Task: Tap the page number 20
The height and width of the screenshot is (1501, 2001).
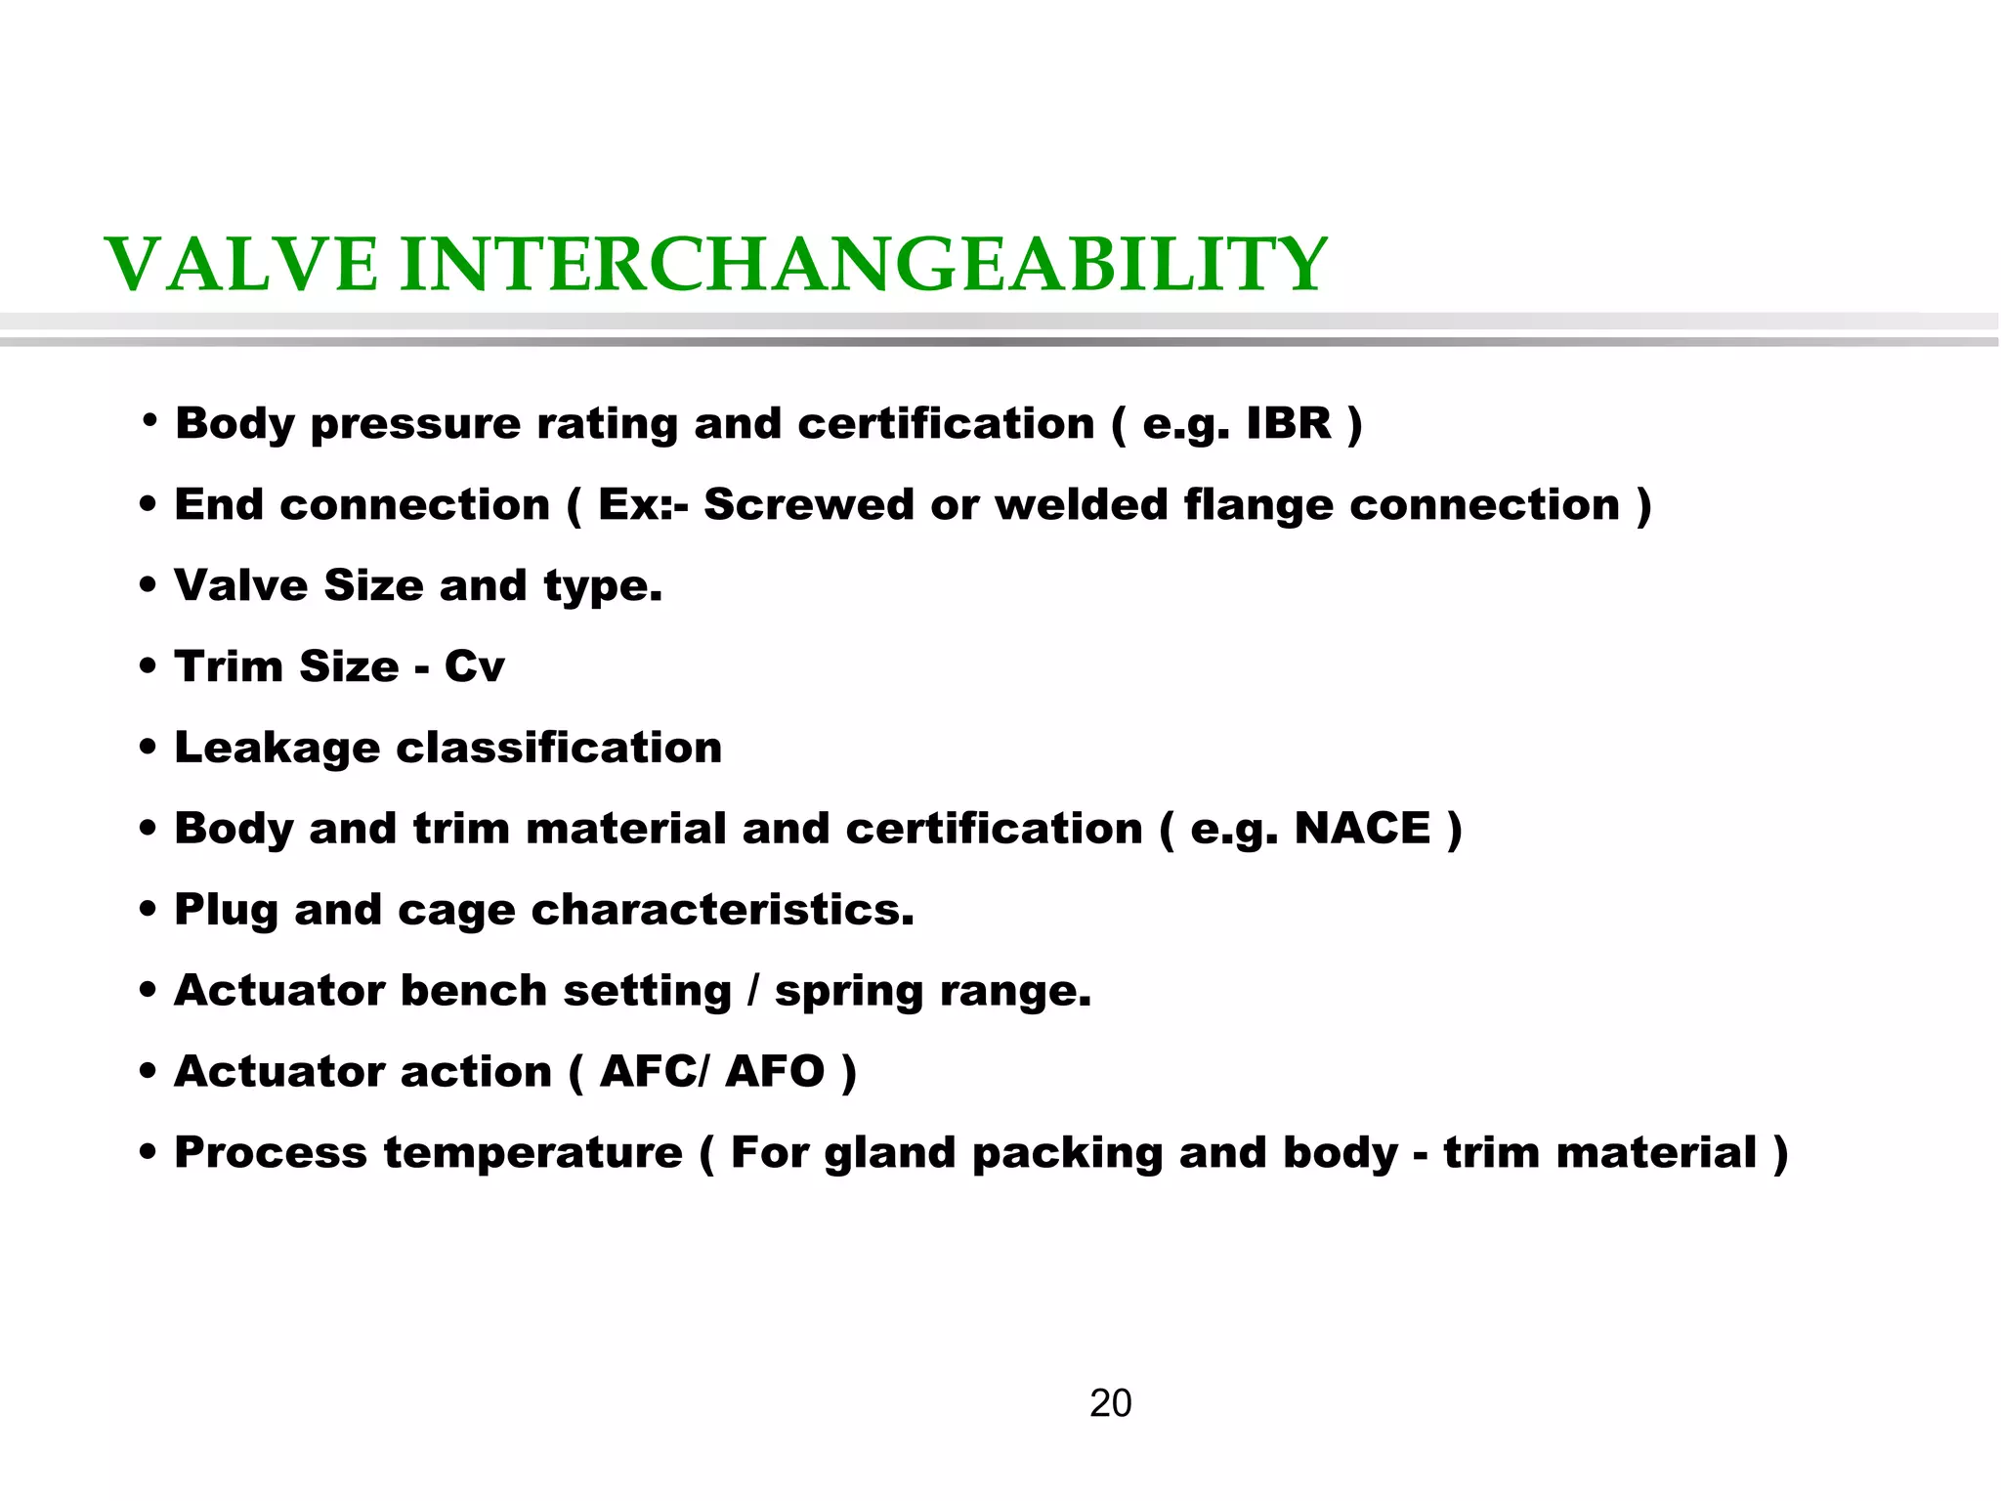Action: pyautogui.click(x=1110, y=1403)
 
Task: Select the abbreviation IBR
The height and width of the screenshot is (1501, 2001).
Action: pyautogui.click(x=1289, y=424)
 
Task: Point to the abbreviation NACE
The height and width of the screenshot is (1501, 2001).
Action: pyautogui.click(x=1362, y=829)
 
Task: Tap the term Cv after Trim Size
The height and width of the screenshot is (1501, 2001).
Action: pyautogui.click(x=474, y=667)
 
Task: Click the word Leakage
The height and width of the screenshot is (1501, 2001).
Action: pyautogui.click(x=277, y=749)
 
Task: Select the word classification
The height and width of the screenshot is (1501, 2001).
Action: pyautogui.click(x=559, y=749)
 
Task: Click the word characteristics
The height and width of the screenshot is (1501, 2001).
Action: pyautogui.click(x=722, y=911)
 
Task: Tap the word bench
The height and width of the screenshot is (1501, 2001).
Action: pyautogui.click(x=473, y=991)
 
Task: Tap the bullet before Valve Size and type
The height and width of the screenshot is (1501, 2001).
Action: pyautogui.click(x=149, y=586)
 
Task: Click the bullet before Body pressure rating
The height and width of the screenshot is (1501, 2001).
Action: pyautogui.click(x=149, y=422)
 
